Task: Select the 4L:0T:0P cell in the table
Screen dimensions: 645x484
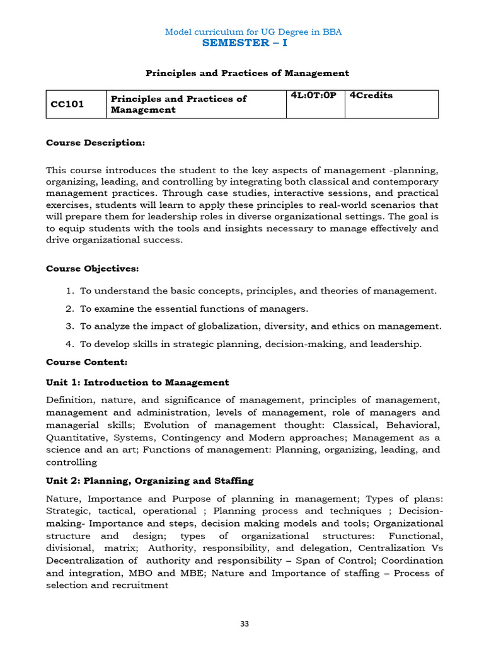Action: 314,96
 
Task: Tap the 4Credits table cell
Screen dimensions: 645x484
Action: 371,96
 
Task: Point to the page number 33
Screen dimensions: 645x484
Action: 245,624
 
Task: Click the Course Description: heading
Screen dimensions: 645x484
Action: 95,143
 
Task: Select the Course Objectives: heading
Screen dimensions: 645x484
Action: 93,269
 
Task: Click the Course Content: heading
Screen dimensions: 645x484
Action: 86,362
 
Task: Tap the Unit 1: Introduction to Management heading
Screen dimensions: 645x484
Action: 137,383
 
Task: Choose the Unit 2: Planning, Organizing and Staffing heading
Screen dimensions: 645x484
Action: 149,481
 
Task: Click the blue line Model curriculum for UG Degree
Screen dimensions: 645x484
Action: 253,31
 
